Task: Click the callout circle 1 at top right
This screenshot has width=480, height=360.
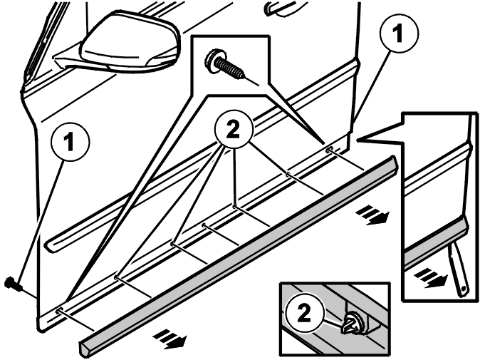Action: click(398, 33)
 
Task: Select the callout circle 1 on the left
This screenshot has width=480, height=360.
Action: click(70, 141)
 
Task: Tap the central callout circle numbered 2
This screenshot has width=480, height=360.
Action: click(234, 130)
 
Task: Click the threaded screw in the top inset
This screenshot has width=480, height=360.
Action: click(225, 65)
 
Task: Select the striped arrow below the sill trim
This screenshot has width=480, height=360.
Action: click(170, 339)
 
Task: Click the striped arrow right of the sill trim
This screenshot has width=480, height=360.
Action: click(372, 215)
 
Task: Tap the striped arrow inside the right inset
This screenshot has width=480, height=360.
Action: click(431, 278)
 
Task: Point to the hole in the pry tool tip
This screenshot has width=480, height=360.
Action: click(463, 289)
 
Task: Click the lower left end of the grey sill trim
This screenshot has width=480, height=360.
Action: click(84, 349)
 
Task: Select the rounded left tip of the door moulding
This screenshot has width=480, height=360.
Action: click(49, 246)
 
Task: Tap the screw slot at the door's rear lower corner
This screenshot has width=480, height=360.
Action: click(330, 150)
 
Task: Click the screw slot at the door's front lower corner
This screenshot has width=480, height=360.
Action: click(60, 311)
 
